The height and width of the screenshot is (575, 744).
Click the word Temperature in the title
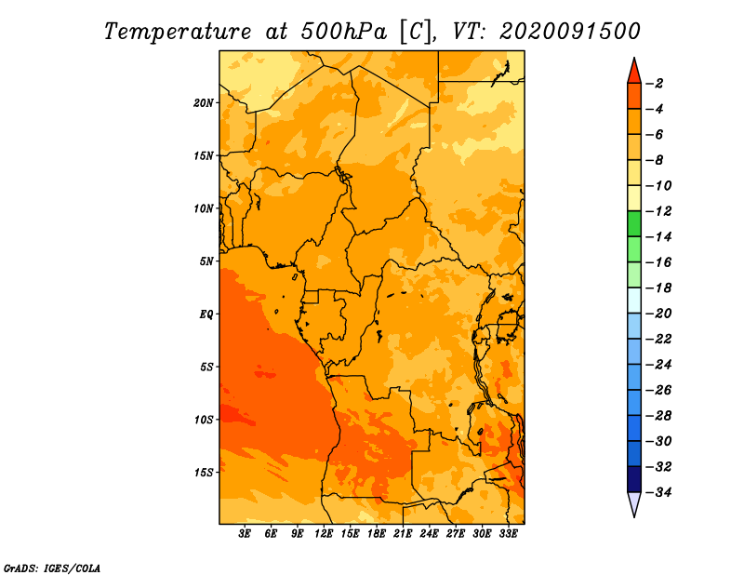tap(178, 32)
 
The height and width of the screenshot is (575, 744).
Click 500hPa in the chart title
tap(344, 32)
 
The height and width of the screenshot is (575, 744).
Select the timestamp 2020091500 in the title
tap(570, 32)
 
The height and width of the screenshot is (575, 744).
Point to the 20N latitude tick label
tap(204, 103)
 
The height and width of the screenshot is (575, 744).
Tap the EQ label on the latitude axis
tap(206, 314)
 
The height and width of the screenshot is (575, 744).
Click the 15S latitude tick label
tap(204, 473)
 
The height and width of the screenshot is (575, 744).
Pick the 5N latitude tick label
tap(206, 261)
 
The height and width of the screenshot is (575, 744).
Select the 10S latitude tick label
tap(204, 420)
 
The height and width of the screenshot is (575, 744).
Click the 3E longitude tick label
tap(245, 534)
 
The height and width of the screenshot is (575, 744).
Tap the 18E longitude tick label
tap(377, 534)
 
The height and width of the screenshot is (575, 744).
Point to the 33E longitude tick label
tap(508, 534)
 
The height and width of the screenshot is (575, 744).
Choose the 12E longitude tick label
tap(324, 534)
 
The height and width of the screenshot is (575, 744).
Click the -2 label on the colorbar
tap(655, 84)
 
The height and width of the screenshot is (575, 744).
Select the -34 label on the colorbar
tap(658, 492)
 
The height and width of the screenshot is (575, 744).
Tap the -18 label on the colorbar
tap(658, 288)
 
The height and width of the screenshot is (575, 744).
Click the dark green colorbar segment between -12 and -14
tap(634, 224)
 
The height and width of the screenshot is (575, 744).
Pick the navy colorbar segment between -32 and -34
tap(634, 479)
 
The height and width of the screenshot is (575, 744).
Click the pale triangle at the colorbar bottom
tap(634, 503)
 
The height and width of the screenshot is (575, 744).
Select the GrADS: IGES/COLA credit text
tap(52, 568)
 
